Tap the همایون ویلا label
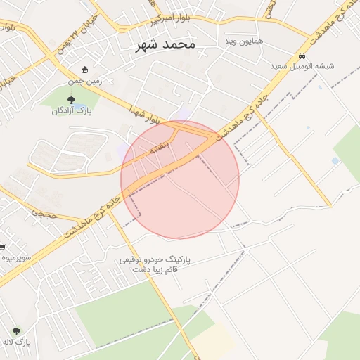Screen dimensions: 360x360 243,42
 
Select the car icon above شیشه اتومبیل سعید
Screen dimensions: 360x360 302,56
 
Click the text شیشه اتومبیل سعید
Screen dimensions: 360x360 302,66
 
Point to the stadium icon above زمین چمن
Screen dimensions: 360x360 85,70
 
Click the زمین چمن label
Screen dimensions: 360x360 85,81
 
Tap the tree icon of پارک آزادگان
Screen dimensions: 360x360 69,99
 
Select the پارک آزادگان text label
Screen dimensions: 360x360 72,110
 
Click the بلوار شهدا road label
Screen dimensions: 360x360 146,113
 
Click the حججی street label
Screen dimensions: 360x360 48,214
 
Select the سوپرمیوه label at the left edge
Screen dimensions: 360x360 16,258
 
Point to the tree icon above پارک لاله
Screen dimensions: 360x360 15,331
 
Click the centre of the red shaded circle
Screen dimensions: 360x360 180,180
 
